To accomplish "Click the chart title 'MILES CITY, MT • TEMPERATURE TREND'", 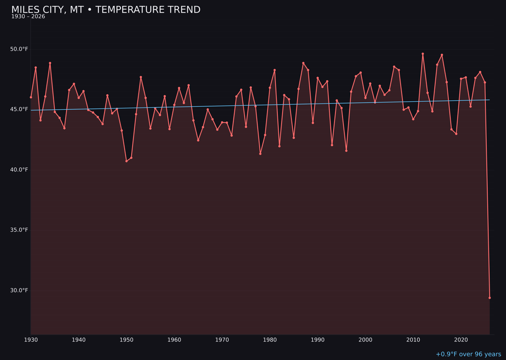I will click(x=106, y=10).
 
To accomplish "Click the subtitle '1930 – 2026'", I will click(x=28, y=16).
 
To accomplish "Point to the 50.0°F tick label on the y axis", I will click(x=19, y=49).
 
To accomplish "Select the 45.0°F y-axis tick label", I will click(x=19, y=109).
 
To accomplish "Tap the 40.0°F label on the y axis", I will click(x=19, y=170).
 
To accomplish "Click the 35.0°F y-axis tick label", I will click(x=19, y=230).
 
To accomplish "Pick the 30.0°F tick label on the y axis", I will click(x=19, y=290).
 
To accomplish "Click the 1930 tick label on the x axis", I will click(x=31, y=340).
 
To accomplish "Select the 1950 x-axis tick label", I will click(x=126, y=340).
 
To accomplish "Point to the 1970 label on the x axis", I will click(x=222, y=340).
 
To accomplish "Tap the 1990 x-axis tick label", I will click(x=318, y=340).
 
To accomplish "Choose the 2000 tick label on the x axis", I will click(x=365, y=340).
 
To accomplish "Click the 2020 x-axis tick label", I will click(x=461, y=340).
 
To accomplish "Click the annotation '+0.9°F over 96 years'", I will click(x=468, y=354).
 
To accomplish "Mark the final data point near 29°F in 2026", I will click(x=490, y=298).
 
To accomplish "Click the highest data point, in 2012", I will click(x=423, y=53).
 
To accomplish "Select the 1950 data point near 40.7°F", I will click(x=126, y=161).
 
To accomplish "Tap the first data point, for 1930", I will click(x=31, y=97).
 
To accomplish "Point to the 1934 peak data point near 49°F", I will click(x=50, y=63).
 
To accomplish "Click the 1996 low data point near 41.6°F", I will click(x=346, y=150).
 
